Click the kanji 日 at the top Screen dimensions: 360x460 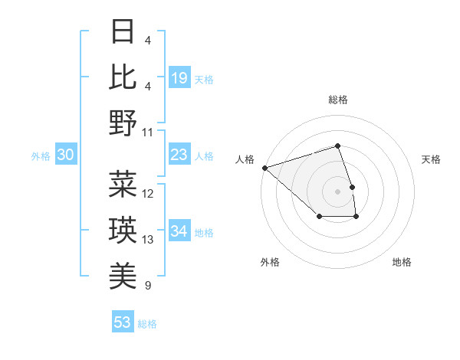pyautogui.click(x=123, y=33)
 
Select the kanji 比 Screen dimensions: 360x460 pyautogui.click(x=123, y=77)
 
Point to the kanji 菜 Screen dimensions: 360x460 pyautogui.click(x=123, y=185)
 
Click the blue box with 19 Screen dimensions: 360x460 pyautogui.click(x=179, y=78)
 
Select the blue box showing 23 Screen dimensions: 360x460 pyautogui.click(x=179, y=155)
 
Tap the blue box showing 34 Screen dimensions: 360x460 pyautogui.click(x=179, y=231)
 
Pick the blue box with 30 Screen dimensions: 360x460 pyautogui.click(x=65, y=155)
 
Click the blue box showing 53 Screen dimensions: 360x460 pyautogui.click(x=123, y=322)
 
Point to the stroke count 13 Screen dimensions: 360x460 pyautogui.click(x=148, y=240)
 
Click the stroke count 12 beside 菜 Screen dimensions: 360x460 pyautogui.click(x=148, y=194)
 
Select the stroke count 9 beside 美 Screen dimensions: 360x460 pyautogui.click(x=147, y=286)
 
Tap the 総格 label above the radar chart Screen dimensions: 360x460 pyautogui.click(x=338, y=100)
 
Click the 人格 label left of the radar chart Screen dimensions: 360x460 pyautogui.click(x=245, y=159)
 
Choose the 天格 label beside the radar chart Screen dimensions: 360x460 pyautogui.click(x=432, y=159)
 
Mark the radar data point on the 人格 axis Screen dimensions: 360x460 pyautogui.click(x=264, y=167)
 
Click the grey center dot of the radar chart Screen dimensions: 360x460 pyautogui.click(x=338, y=191)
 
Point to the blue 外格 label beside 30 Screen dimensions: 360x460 pyautogui.click(x=41, y=156)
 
